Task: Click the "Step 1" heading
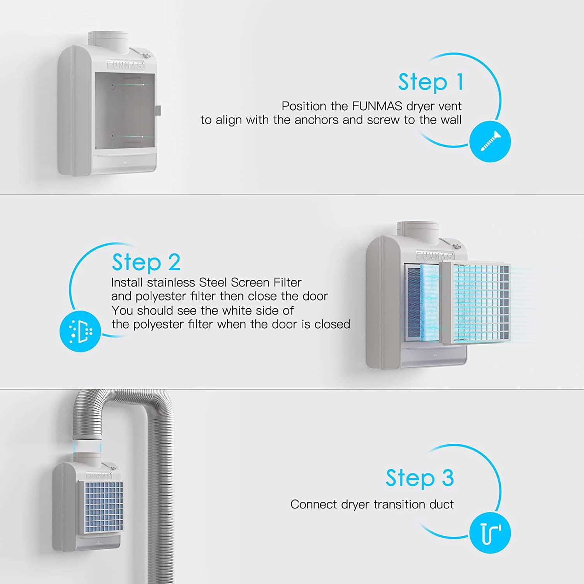coord(431,82)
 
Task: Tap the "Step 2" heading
coord(146,262)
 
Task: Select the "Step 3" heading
coord(420,478)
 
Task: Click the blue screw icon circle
coord(490,141)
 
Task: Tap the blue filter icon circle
coord(80,331)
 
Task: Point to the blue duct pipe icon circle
coord(490,533)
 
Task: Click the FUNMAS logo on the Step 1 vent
coord(125,65)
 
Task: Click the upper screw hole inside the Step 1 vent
coord(113,84)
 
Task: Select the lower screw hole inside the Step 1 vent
coord(113,136)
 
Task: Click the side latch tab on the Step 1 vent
coord(158,110)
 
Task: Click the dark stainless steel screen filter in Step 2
coord(413,302)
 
